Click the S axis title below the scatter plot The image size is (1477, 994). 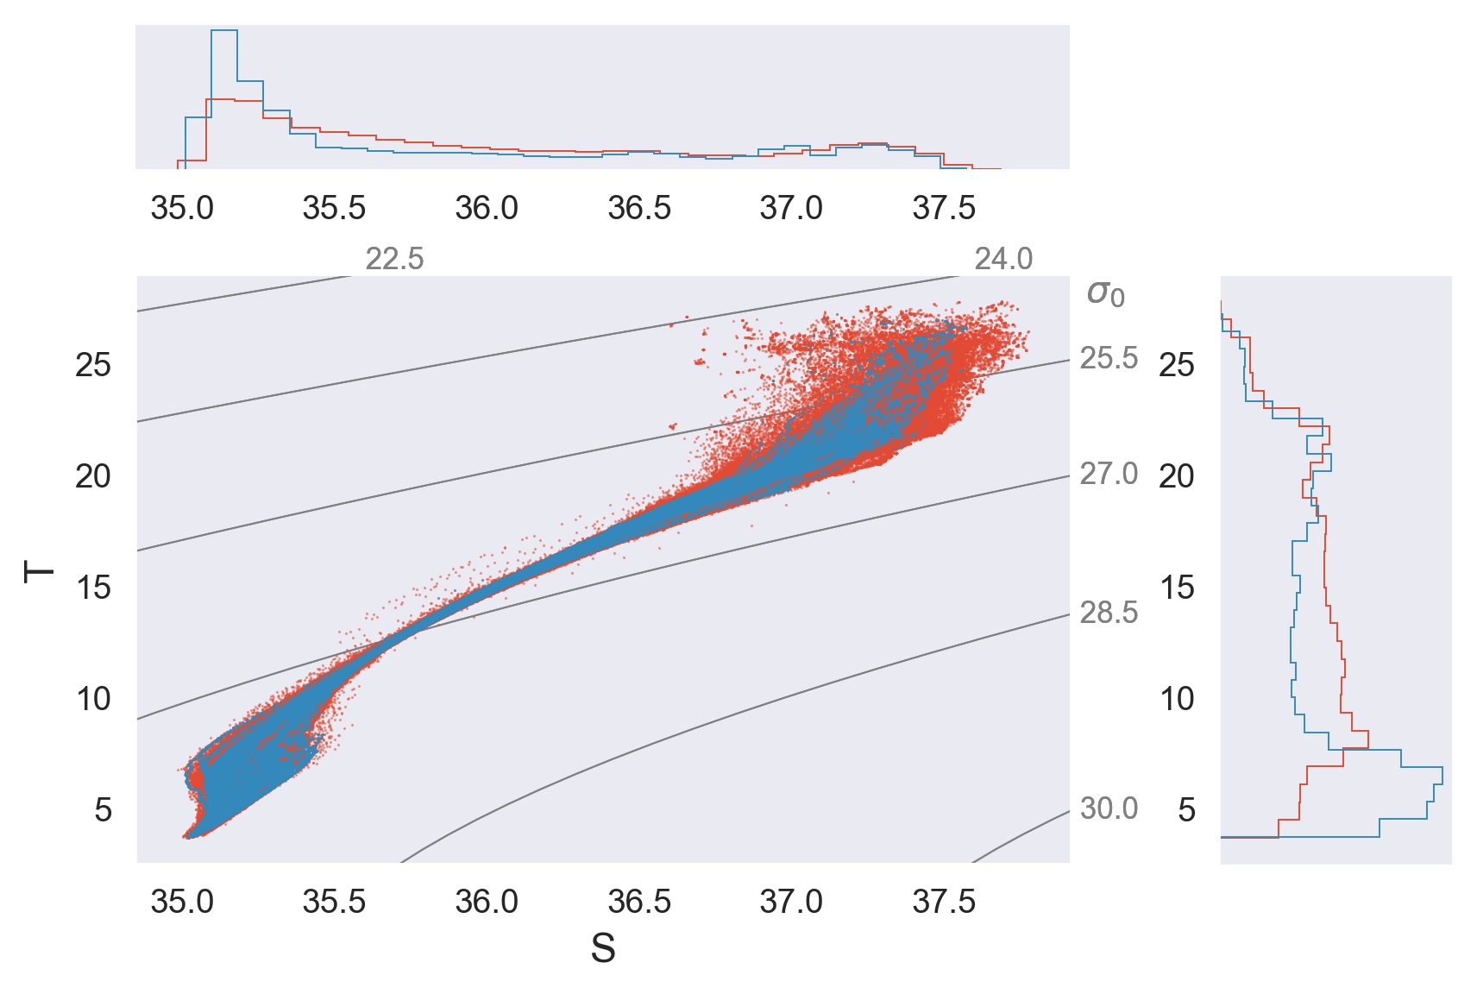(x=603, y=949)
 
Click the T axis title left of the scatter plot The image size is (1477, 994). (x=39, y=571)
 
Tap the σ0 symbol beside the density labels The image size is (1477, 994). (x=1105, y=293)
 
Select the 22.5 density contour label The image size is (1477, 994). (x=394, y=259)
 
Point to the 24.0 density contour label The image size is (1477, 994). (x=1003, y=259)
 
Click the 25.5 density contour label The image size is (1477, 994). (x=1109, y=358)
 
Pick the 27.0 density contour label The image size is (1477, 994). (x=1109, y=474)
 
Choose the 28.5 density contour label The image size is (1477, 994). (x=1109, y=613)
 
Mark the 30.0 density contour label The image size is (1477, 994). (x=1109, y=808)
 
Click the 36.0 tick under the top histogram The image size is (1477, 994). (x=487, y=208)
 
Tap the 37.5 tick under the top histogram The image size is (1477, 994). (x=944, y=208)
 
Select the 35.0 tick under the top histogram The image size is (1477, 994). (x=182, y=208)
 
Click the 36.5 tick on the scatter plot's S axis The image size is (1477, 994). (x=639, y=902)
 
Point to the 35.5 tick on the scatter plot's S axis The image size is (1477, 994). (x=334, y=902)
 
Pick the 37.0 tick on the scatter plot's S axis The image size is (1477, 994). (x=791, y=902)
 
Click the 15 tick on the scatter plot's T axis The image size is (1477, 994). (x=93, y=588)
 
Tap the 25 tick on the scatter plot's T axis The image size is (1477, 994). (x=93, y=365)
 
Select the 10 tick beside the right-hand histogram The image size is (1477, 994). (x=1177, y=699)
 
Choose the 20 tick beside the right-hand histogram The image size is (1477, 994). (x=1177, y=476)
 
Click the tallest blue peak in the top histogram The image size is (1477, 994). (x=224, y=31)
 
